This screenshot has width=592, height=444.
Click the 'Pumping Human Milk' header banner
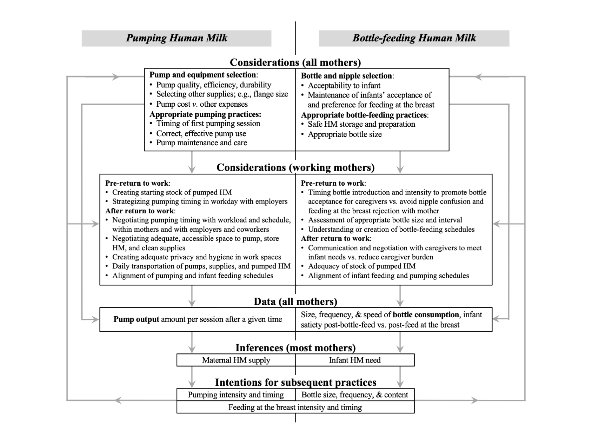coord(177,38)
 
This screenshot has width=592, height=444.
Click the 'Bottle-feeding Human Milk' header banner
coord(414,38)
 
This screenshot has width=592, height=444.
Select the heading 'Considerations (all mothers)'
coord(295,62)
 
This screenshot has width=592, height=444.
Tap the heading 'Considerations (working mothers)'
coord(295,167)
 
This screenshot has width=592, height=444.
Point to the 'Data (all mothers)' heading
coord(295,301)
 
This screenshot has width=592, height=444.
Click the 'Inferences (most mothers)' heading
coord(295,348)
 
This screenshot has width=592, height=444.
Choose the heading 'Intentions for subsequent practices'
coord(295,382)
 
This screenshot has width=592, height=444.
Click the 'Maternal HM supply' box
coord(236,360)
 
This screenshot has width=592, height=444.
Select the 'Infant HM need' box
coord(355,360)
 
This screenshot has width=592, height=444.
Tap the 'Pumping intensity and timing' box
coord(236,395)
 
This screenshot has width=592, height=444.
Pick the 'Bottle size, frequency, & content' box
coord(355,395)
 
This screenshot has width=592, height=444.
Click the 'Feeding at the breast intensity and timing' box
coord(295,407)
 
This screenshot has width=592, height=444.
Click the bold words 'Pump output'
coord(136,319)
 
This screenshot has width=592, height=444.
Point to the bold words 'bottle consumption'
coord(426,315)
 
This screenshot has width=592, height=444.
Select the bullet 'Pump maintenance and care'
coord(201,143)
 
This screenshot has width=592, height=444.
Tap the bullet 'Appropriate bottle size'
coord(345,134)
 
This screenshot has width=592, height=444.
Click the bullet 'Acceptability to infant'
coord(344,86)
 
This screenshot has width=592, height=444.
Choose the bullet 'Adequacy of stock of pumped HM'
coord(361,266)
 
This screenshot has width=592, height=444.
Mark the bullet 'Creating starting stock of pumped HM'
coord(172,192)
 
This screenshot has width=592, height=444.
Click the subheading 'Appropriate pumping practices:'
coord(205,114)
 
